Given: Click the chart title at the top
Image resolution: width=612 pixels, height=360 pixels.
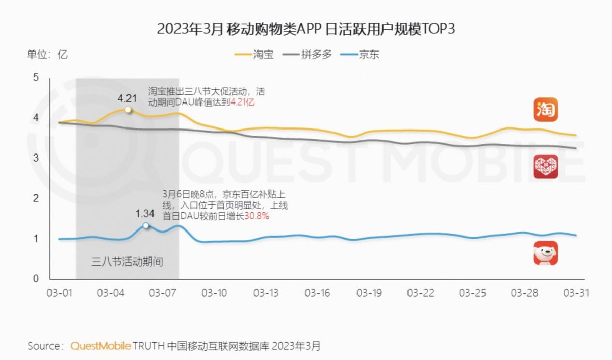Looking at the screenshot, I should tap(305, 29).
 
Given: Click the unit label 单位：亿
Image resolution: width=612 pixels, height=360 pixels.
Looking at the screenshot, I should tap(47, 54).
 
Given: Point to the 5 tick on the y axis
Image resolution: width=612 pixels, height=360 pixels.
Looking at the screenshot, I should tap(36, 78).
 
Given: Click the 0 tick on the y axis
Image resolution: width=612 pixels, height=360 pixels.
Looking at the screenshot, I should tap(36, 279).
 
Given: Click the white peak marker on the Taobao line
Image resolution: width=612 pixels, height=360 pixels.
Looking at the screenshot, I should tap(128, 109).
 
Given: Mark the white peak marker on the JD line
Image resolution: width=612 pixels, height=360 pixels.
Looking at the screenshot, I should tap(146, 225).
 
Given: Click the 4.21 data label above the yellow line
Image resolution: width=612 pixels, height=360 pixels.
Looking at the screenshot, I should tap(127, 98).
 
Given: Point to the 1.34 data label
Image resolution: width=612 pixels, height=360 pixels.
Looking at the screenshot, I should tap(145, 213).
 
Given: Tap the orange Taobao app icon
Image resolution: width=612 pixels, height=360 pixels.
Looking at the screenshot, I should tap(546, 110).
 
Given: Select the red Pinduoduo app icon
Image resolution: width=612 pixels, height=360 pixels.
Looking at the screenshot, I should tap(546, 167).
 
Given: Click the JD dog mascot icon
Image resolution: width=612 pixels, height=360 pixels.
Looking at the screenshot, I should tap(546, 253).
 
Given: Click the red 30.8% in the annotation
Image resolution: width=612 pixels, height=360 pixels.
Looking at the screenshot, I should tap(257, 216).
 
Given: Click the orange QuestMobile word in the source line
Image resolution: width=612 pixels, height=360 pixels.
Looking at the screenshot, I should tap(100, 346).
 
